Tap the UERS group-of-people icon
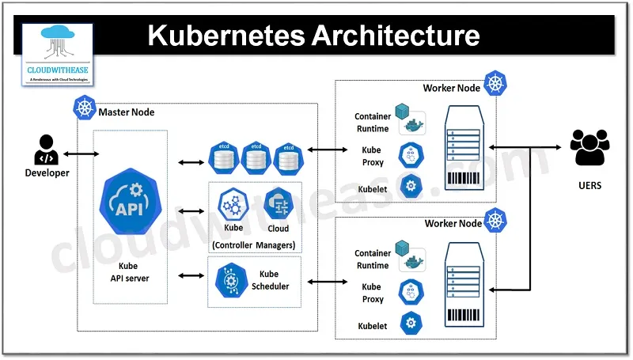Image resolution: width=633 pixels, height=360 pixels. [590, 146]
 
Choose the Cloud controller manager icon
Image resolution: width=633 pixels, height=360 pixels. [278, 203]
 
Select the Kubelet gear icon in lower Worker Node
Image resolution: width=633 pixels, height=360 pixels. [411, 323]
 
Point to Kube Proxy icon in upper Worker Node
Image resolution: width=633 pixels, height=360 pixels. [411, 154]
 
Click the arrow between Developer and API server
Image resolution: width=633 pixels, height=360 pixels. [77, 153]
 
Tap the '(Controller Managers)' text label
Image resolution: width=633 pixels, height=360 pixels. [254, 244]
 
